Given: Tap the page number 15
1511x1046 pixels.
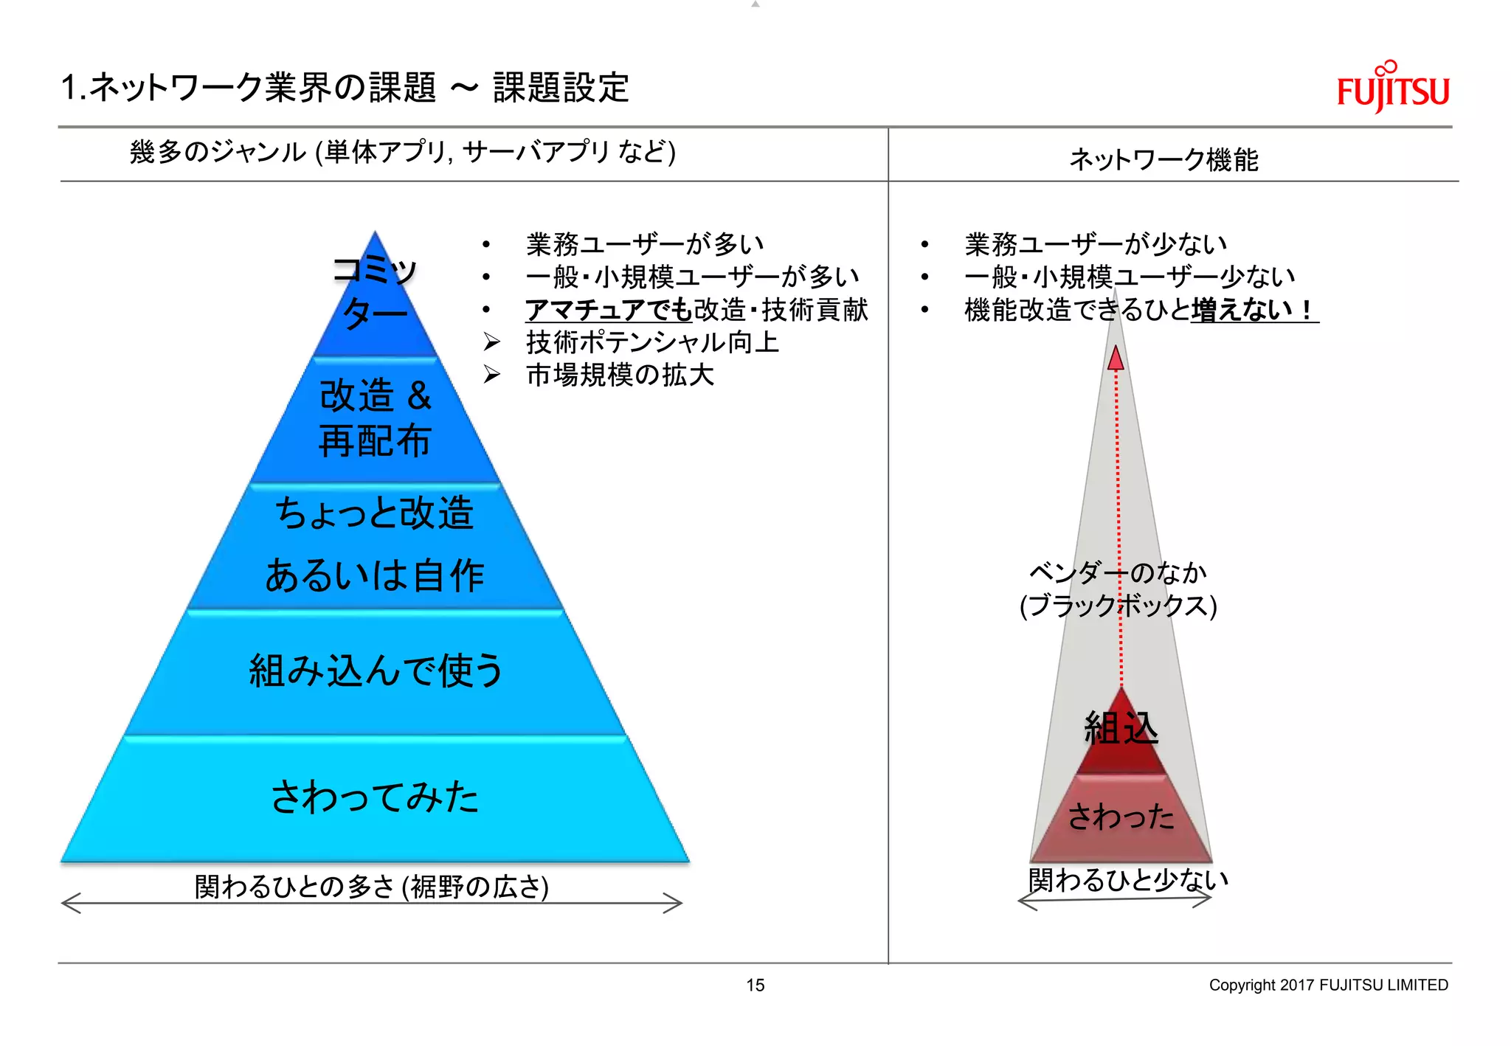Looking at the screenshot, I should pyautogui.click(x=755, y=985).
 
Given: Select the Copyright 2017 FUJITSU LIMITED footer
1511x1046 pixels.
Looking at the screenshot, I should pyautogui.click(x=1328, y=985).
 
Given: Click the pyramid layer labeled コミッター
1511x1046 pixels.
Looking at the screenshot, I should pyautogui.click(x=375, y=295).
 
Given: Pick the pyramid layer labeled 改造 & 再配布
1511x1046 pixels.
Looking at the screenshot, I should pyautogui.click(x=375, y=419).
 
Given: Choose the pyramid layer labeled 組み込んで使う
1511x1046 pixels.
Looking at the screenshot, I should pyautogui.click(x=375, y=671).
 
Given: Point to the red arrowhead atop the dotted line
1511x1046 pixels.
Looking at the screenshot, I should pyautogui.click(x=1116, y=359).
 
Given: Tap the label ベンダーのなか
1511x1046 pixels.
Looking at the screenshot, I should pyautogui.click(x=1117, y=572).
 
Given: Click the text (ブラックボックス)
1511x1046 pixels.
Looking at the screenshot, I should pyautogui.click(x=1117, y=606).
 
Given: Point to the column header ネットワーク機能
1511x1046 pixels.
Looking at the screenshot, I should pyautogui.click(x=1163, y=159).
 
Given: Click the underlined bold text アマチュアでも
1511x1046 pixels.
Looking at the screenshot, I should pyautogui.click(x=609, y=310).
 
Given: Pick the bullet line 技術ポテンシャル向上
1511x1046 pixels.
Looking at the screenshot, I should pyautogui.click(x=652, y=342).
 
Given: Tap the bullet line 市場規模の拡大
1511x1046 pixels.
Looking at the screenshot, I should pyautogui.click(x=620, y=375).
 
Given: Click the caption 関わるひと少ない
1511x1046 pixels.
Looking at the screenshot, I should pyautogui.click(x=1128, y=879).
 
